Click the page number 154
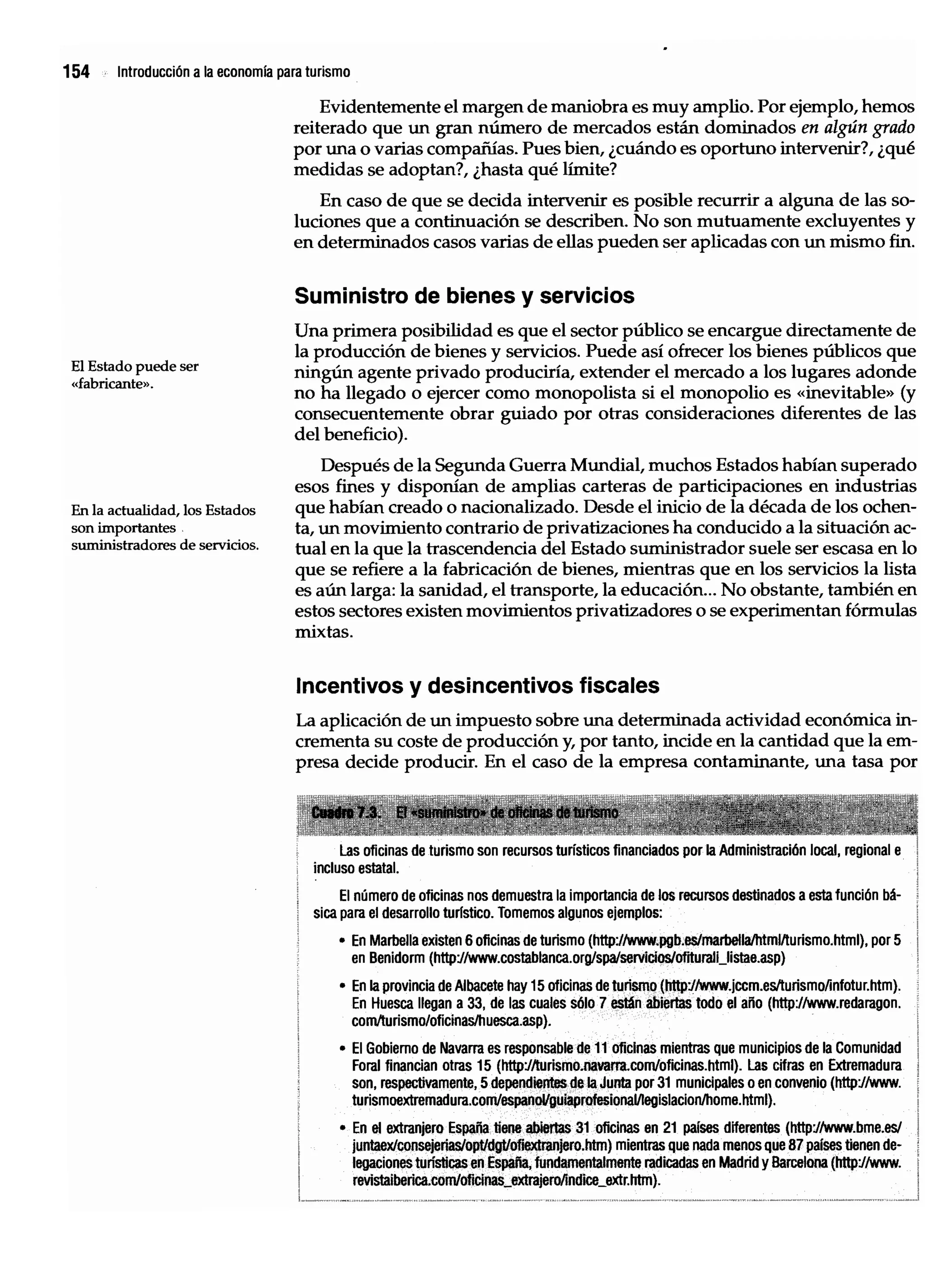click(x=76, y=72)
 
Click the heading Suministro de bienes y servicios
click(x=464, y=295)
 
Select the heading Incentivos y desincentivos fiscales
click(x=477, y=685)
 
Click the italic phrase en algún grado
click(x=858, y=128)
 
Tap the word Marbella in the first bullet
click(x=395, y=940)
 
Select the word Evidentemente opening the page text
click(x=380, y=107)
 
